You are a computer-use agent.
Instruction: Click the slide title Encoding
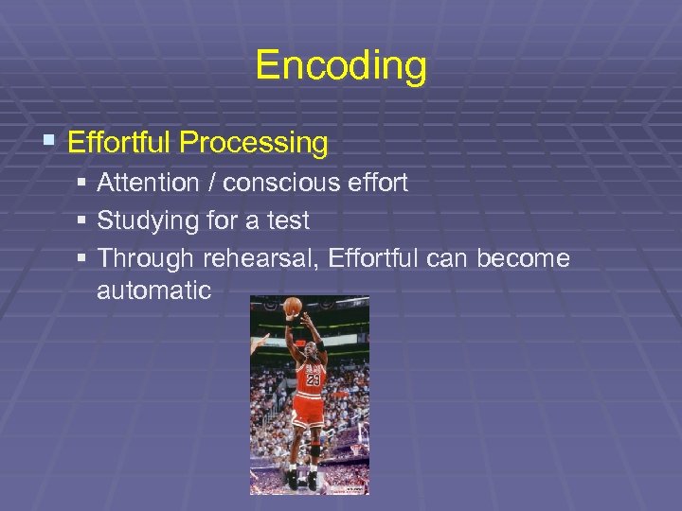pos(341,66)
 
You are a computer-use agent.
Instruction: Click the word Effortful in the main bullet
pos(120,143)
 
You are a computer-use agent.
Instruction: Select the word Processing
pos(254,143)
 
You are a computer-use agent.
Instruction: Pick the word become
pos(523,258)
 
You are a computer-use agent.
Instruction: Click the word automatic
pos(153,291)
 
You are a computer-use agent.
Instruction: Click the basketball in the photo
pos(293,306)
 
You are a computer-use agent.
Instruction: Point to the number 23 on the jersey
pos(312,379)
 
